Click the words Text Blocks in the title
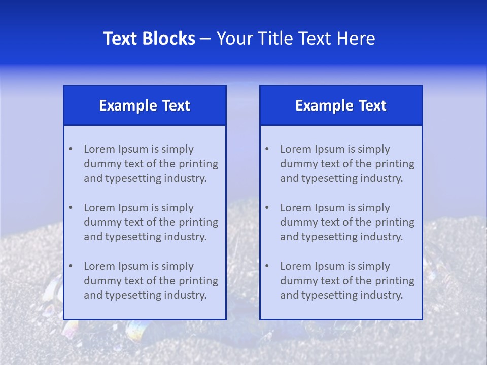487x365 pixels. point(149,39)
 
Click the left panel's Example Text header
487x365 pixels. point(145,105)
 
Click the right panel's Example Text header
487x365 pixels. point(341,105)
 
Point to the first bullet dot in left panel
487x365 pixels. point(71,149)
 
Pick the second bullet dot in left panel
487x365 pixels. point(71,208)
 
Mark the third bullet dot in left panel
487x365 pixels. point(71,266)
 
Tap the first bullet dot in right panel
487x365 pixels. point(267,149)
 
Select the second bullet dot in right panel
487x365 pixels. point(267,208)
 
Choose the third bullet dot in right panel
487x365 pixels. point(267,266)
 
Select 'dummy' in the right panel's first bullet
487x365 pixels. point(296,164)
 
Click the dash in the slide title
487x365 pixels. point(205,39)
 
